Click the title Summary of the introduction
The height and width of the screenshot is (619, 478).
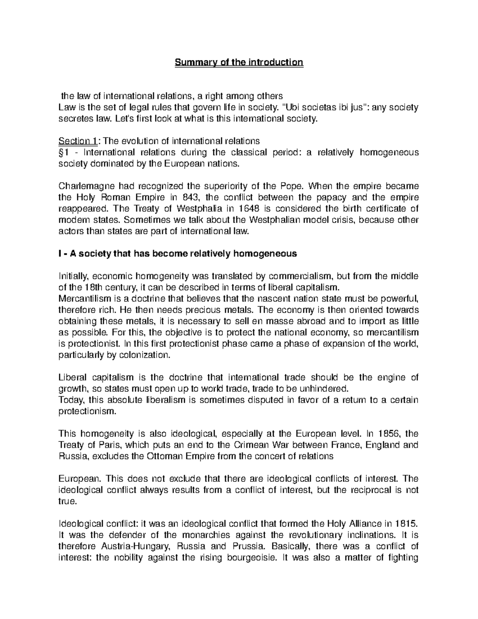pyautogui.click(x=239, y=63)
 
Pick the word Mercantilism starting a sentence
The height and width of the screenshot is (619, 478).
pyautogui.click(x=83, y=299)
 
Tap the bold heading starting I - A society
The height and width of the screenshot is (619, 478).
pyautogui.click(x=178, y=254)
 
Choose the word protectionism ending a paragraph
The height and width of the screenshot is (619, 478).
pyautogui.click(x=87, y=412)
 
